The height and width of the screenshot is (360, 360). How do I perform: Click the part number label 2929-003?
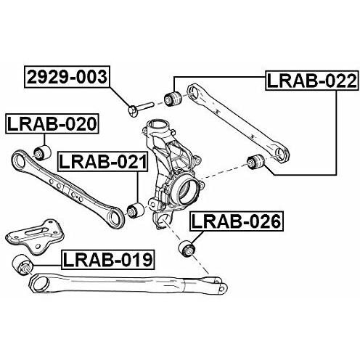[x=67, y=77]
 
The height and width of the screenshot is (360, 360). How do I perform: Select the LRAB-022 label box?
[x=311, y=81]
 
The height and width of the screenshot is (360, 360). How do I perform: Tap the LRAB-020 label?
[x=52, y=123]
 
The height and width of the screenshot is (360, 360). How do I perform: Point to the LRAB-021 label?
[x=103, y=162]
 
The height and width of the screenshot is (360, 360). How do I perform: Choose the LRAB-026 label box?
[x=237, y=221]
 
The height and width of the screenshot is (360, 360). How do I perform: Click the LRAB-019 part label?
[x=108, y=260]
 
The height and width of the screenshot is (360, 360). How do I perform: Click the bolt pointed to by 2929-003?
[x=140, y=109]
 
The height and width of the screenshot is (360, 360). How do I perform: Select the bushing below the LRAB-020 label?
[x=42, y=152]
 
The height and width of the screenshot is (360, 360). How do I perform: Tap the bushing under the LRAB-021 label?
[x=136, y=210]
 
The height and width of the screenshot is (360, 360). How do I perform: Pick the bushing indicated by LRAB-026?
[x=187, y=248]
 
